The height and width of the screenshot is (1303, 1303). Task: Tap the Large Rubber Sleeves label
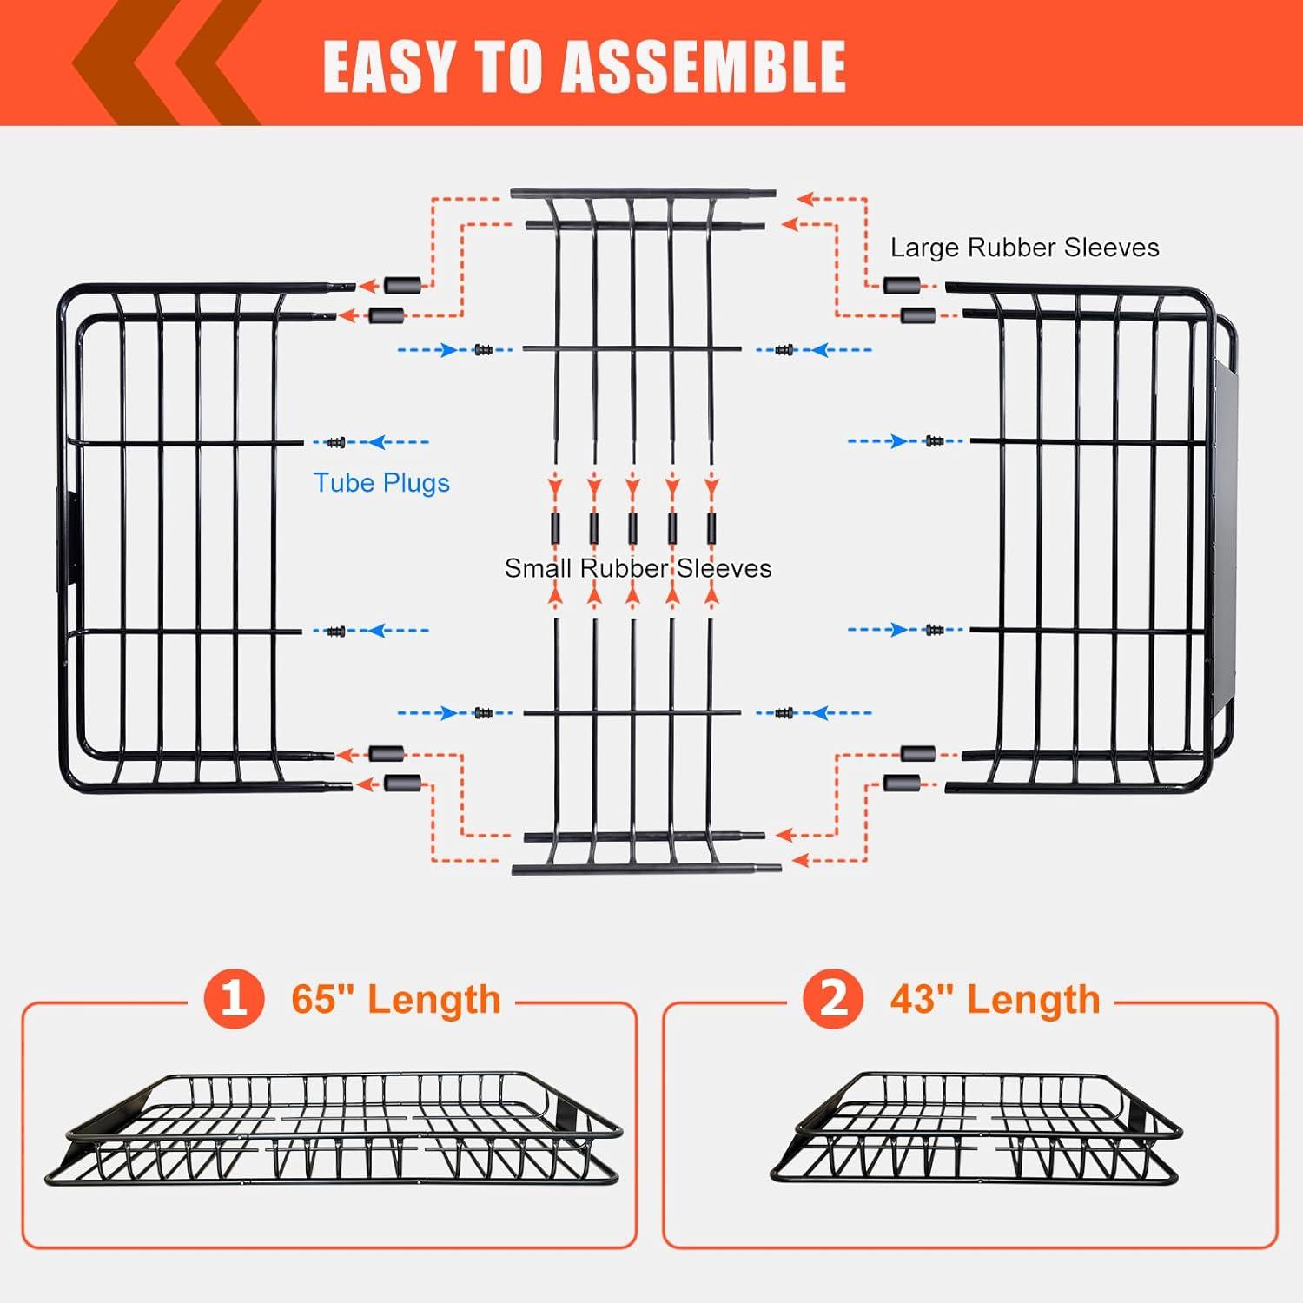coord(1024,248)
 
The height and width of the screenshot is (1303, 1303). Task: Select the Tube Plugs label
coord(381,483)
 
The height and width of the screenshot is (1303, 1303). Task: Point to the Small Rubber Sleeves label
coord(638,568)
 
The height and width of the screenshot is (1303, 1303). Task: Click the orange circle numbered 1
coord(233,999)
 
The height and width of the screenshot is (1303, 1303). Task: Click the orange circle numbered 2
coord(832,999)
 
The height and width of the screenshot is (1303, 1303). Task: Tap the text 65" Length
coord(396,999)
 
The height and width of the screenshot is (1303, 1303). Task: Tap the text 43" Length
coord(995,999)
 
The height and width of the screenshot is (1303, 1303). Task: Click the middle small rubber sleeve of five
coord(633,526)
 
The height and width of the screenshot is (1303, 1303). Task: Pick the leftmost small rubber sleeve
coord(555,526)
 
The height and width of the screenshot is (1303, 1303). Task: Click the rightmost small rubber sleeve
coord(711,526)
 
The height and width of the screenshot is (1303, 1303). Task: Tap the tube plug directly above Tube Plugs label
coord(335,442)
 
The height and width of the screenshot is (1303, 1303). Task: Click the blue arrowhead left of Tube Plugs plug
coord(376,442)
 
